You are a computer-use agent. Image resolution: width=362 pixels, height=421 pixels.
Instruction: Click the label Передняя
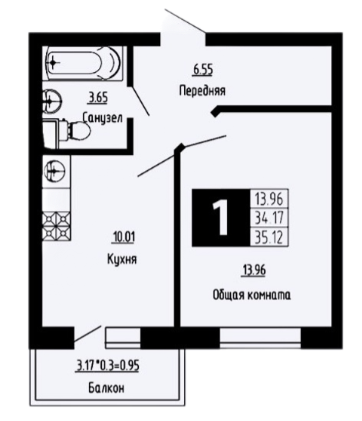coord(202,89)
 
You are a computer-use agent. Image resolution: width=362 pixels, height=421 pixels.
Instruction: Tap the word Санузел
coord(102,119)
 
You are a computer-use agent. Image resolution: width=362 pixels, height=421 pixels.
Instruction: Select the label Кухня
coord(122,259)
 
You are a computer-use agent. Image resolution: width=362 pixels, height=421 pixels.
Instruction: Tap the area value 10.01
coord(122,238)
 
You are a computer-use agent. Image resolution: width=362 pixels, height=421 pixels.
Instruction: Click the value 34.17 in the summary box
coord(265,219)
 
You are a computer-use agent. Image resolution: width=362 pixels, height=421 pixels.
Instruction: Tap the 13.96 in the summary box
coord(265,201)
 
